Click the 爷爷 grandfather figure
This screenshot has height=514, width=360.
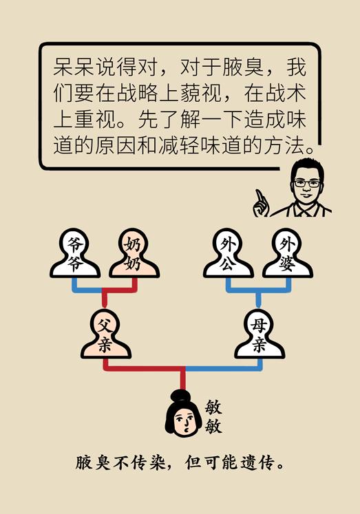point(75,253)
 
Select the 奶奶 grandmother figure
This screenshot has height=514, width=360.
point(134,253)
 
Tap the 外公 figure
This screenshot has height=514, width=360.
point(229,253)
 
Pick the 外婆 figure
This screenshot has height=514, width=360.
point(288,253)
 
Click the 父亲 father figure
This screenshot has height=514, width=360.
point(106,334)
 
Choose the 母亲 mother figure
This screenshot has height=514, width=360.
point(260,334)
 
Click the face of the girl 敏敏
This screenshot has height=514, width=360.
point(184,421)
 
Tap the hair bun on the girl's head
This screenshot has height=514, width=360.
point(179,396)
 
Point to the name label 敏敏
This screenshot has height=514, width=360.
point(213,417)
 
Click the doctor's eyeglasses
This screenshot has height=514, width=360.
point(306,183)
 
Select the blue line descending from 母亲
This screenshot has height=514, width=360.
point(224,368)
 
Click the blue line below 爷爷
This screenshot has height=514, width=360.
point(86,290)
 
